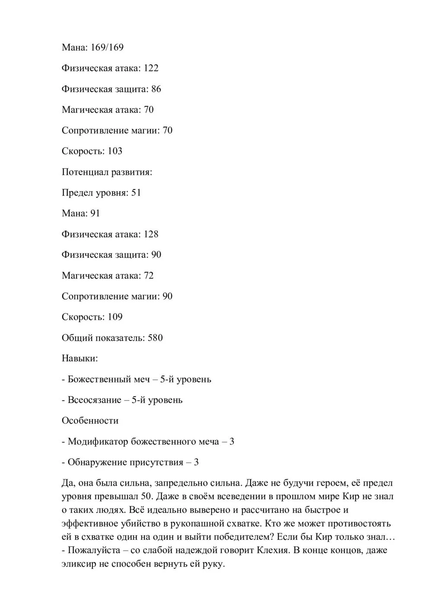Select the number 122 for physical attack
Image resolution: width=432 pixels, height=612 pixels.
[x=151, y=68]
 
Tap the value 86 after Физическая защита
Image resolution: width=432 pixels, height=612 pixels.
[x=156, y=89]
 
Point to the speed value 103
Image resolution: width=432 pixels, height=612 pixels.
[x=114, y=151]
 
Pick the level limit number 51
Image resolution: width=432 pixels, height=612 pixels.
[x=136, y=192]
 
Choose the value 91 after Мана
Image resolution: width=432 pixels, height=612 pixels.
[x=95, y=213]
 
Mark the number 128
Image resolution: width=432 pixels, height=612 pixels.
[x=151, y=234]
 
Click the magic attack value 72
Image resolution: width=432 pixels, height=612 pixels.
[x=149, y=276]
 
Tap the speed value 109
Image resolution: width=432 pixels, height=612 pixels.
[x=115, y=317]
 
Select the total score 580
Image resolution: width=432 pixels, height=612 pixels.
[x=155, y=338]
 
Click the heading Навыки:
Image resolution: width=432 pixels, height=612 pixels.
[x=79, y=359]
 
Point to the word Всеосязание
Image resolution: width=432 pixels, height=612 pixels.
[x=94, y=400]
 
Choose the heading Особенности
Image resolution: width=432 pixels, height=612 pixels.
[x=90, y=421]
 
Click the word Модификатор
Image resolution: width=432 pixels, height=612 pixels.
[x=98, y=442]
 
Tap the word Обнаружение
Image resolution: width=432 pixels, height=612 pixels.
[x=97, y=462]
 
